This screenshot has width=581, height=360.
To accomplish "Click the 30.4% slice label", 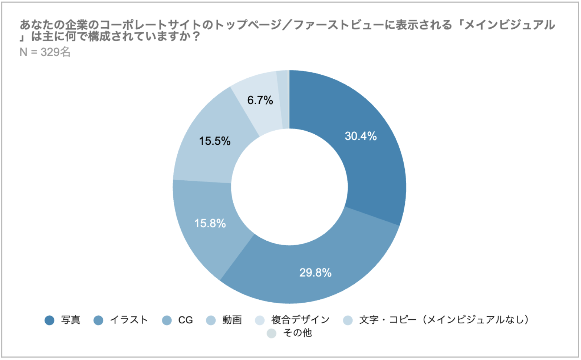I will click(360, 136).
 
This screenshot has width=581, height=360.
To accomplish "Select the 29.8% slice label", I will click(315, 273).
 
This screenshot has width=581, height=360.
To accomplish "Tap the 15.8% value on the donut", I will click(210, 223).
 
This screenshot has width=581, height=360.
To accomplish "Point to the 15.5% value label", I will click(215, 141).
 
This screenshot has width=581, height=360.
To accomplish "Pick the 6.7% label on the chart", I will click(260, 100).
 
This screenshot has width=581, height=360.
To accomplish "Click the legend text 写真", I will click(70, 320).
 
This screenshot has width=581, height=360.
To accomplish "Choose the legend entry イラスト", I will click(129, 320).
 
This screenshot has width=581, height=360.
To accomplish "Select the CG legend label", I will click(185, 320).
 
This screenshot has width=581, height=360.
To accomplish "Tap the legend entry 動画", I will click(232, 320).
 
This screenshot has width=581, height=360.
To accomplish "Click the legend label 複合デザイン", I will click(300, 320).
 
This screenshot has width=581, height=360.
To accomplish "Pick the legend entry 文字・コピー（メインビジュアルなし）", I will click(444, 320).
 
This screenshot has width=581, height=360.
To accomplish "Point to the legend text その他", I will click(297, 333).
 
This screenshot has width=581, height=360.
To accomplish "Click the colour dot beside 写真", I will click(49, 320).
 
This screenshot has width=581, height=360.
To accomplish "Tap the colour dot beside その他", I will click(271, 333).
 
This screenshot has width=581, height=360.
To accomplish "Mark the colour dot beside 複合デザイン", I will click(260, 320).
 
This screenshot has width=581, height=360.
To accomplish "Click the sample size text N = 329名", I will click(45, 52).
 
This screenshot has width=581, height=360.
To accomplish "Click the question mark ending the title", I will click(196, 37).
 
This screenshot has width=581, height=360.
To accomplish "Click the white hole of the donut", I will click(289, 187).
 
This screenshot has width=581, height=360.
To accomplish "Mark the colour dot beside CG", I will click(167, 320).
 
